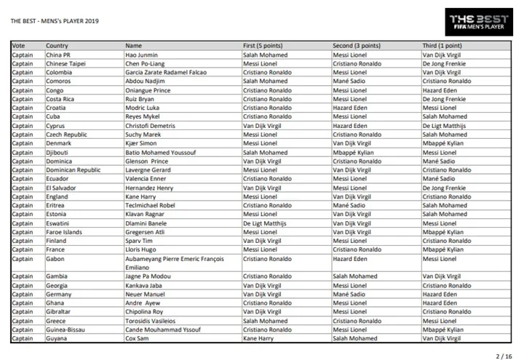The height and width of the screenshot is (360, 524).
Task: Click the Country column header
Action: pyautogui.click(x=57, y=46)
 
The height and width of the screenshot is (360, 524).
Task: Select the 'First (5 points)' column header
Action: pyautogui.click(x=263, y=46)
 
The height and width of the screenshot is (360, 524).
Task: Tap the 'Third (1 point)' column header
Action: pyautogui.click(x=441, y=46)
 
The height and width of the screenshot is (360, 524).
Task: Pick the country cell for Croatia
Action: pyautogui.click(x=57, y=108)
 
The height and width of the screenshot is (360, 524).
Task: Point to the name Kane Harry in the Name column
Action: pyautogui.click(x=140, y=196)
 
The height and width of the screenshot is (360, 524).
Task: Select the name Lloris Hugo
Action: pyautogui.click(x=140, y=249)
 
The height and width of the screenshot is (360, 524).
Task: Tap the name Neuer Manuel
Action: pyautogui.click(x=144, y=294)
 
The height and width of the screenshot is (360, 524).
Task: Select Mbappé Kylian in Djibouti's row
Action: pyautogui.click(x=353, y=153)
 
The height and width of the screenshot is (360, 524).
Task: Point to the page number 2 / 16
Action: pyautogui.click(x=504, y=356)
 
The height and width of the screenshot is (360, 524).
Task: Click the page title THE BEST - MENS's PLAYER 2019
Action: pyautogui.click(x=55, y=20)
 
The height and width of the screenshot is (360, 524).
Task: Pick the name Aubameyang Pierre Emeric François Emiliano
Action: pyautogui.click(x=174, y=263)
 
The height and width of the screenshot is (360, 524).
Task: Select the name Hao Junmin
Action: pyautogui.click(x=141, y=55)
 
